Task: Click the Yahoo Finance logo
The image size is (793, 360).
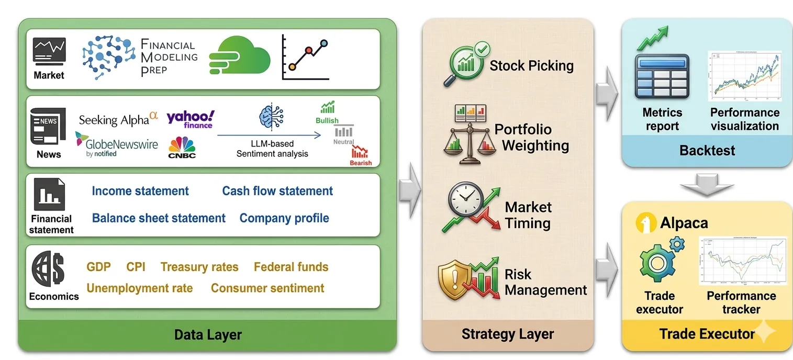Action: (190, 119)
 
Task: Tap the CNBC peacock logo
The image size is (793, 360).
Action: (182, 148)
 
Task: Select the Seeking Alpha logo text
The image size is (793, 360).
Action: (118, 120)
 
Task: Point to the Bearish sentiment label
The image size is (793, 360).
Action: (360, 163)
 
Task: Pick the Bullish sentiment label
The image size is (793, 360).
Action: (327, 121)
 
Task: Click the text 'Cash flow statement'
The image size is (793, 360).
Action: (277, 191)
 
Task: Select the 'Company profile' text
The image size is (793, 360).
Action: (284, 218)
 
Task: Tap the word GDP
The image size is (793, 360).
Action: (98, 267)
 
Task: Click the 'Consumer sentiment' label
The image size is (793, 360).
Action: (267, 288)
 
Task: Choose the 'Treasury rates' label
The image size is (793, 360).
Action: (199, 267)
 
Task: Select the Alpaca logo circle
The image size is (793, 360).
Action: (645, 223)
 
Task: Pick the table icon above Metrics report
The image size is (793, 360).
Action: (661, 76)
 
